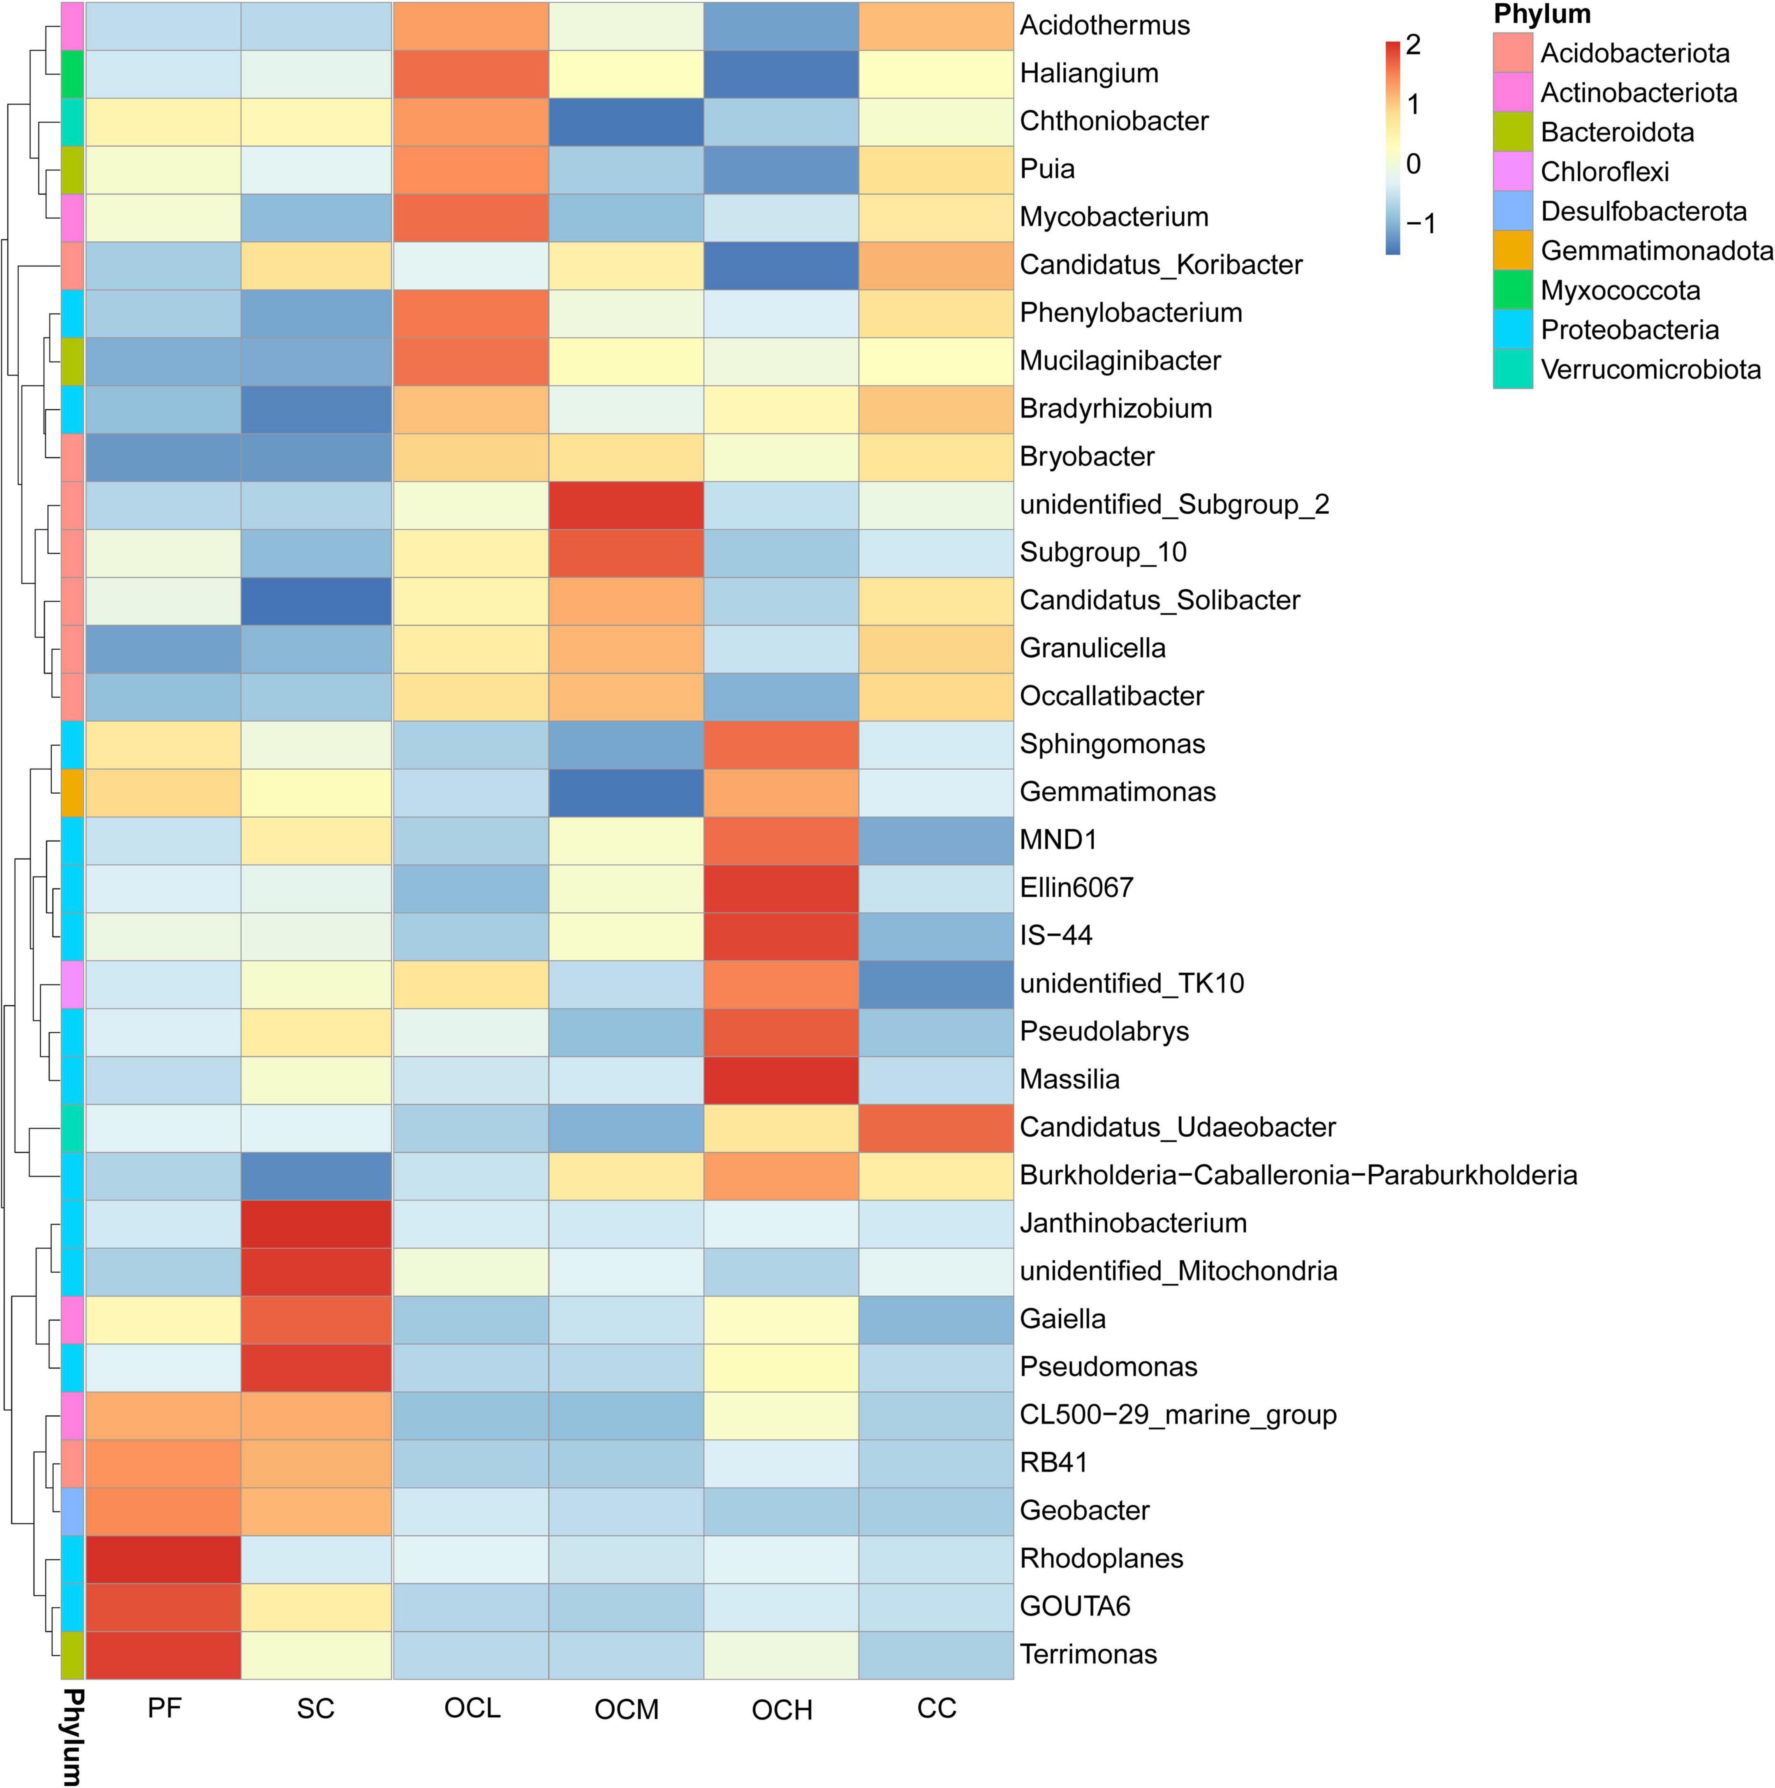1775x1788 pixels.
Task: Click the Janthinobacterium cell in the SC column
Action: coord(316,1223)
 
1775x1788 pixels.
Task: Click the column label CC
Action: coord(936,1707)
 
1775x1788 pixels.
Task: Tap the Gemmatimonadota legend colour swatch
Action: coord(1512,251)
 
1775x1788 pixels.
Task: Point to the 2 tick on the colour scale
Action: coord(1413,44)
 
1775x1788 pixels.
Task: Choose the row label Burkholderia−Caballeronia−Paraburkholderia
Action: coord(1297,1175)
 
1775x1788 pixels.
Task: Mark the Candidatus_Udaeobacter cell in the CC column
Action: coord(936,1127)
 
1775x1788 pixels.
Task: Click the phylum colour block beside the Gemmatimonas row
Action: coord(72,792)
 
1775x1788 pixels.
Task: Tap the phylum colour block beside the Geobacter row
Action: coord(72,1510)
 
